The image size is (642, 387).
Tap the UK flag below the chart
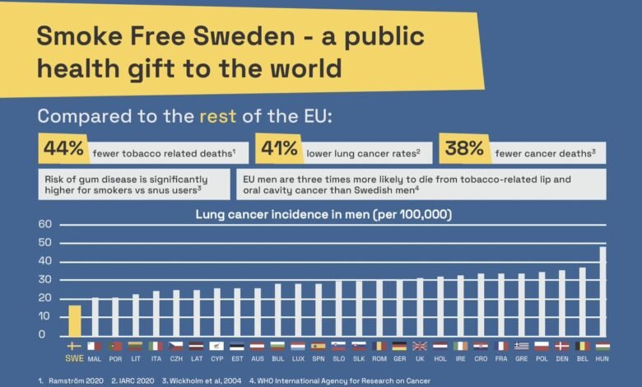pyautogui.click(x=420, y=347)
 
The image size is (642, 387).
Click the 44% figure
pyautogui.click(x=64, y=149)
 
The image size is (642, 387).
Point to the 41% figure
pyautogui.click(x=278, y=149)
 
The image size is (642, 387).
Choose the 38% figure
pyautogui.click(x=463, y=149)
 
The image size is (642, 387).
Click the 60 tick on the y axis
pyautogui.click(x=44, y=224)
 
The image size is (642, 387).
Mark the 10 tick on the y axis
pyautogui.click(x=44, y=316)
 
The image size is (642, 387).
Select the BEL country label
pyautogui.click(x=583, y=359)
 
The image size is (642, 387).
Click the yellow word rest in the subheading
pyautogui.click(x=217, y=116)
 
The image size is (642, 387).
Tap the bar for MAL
pyautogui.click(x=95, y=316)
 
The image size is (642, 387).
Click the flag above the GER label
pyautogui.click(x=400, y=347)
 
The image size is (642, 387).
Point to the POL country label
pyautogui.click(x=542, y=359)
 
